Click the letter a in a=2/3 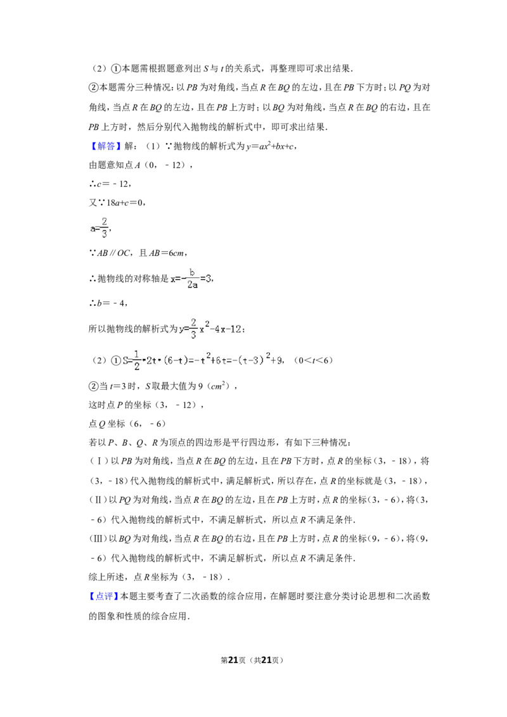click(93, 229)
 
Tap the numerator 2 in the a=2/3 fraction click(104, 222)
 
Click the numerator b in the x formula click(192, 272)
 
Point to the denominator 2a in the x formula click(192, 285)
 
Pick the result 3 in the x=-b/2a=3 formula click(209, 279)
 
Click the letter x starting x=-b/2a click(173, 279)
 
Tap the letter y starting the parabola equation click(181, 329)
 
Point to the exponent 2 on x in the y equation click(207, 324)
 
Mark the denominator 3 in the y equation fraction click(194, 336)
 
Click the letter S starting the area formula click(125, 360)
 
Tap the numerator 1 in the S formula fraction click(137, 354)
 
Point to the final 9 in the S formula click(279, 360)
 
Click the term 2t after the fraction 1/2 click(151, 360)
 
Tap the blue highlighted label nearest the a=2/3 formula click(106, 146)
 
